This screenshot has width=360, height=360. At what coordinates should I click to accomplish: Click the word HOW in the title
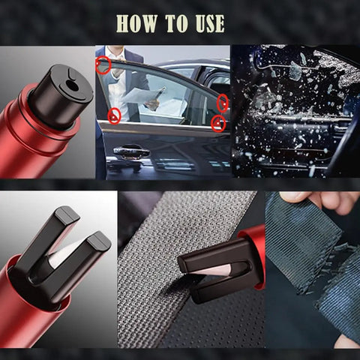(136, 23)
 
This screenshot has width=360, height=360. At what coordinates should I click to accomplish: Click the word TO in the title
(176, 23)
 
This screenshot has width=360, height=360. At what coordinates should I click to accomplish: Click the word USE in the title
(210, 23)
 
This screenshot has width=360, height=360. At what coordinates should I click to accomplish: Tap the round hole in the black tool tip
(72, 86)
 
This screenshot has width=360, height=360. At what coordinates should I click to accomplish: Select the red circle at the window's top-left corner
(103, 65)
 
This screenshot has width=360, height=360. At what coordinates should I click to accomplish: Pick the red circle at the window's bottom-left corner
(114, 116)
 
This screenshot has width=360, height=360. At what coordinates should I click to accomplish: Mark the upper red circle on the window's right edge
(223, 103)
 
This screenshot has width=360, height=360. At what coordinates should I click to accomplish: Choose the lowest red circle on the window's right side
(218, 124)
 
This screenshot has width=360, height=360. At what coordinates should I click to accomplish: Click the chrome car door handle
(131, 151)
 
